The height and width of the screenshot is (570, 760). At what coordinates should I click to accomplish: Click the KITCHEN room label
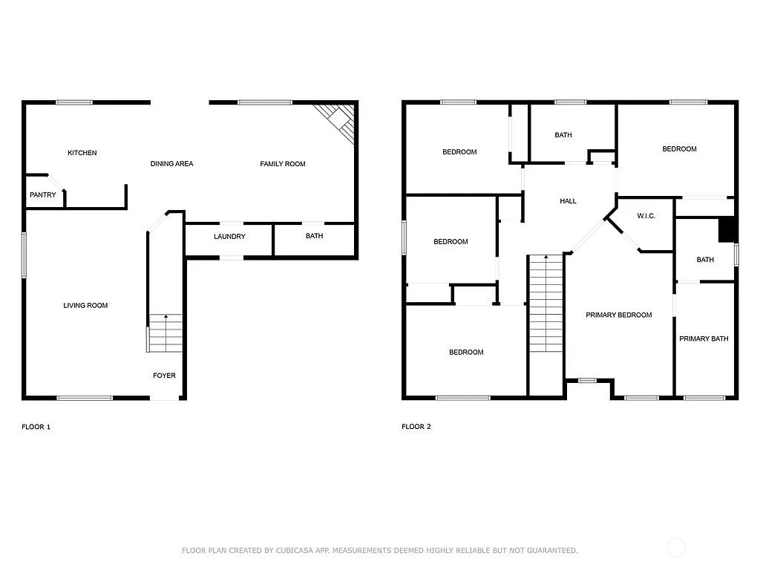[82, 153]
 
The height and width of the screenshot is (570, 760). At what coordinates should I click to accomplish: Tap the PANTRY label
[42, 195]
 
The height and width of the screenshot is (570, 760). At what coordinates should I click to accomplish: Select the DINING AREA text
[171, 164]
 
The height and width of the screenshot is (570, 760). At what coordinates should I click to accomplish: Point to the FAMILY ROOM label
[282, 164]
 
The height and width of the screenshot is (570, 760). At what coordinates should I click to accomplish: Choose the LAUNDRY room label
[229, 237]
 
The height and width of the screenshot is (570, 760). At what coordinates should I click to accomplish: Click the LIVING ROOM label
[85, 305]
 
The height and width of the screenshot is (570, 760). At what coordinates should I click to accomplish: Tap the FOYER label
[164, 376]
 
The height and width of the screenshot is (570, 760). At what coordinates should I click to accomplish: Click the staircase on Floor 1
[165, 333]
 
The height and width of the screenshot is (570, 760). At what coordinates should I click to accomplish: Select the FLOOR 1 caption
[36, 427]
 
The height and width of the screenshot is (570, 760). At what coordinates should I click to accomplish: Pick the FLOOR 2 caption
[416, 427]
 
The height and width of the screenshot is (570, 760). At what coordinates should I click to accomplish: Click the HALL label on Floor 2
[568, 201]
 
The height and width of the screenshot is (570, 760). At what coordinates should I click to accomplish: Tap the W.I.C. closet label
[646, 216]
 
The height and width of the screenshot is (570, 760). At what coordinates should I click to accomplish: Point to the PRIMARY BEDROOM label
[618, 315]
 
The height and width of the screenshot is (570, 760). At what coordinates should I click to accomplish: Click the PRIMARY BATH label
[704, 338]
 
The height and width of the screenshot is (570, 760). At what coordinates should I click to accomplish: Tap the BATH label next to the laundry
[314, 236]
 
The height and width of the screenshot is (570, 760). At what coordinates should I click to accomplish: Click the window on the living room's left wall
[24, 255]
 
